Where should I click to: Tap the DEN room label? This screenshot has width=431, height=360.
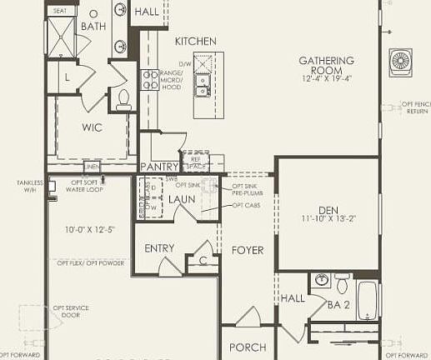point(332,210)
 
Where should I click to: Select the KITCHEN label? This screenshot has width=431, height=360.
point(195,41)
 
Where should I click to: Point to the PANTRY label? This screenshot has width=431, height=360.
point(159,167)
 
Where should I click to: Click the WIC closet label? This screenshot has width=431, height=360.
point(92,128)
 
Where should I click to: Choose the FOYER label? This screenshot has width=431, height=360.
point(248,250)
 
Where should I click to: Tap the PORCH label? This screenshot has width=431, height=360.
point(248,347)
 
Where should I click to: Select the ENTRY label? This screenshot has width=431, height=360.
point(159,248)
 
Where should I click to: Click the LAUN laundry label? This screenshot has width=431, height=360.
point(181,199)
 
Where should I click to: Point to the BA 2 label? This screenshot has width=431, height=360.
point(338,305)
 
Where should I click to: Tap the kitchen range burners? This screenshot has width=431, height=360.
point(150,80)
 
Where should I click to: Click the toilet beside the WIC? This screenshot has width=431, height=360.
point(124,100)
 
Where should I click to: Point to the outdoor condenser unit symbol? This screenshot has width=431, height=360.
point(401,62)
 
